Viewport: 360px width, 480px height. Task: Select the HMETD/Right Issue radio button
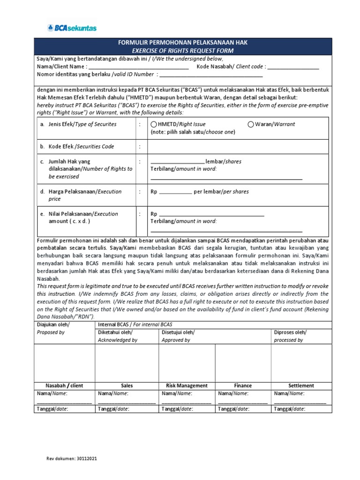click(154, 124)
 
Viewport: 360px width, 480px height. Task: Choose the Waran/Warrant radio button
click(251, 124)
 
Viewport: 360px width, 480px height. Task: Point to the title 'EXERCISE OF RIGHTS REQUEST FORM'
click(182, 51)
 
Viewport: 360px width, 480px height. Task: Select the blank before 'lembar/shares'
click(177, 162)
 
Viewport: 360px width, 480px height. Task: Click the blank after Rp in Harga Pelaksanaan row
click(176, 192)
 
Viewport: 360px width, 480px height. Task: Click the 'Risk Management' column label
click(187, 385)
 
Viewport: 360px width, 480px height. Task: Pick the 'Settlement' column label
click(301, 385)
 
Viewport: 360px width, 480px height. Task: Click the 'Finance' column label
click(243, 385)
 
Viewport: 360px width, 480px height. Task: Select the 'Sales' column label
click(127, 385)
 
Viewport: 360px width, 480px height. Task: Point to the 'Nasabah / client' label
click(64, 385)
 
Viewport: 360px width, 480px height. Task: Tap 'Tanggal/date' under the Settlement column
click(289, 409)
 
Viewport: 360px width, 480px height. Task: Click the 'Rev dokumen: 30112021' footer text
click(72, 459)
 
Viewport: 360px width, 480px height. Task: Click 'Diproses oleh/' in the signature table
click(290, 332)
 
